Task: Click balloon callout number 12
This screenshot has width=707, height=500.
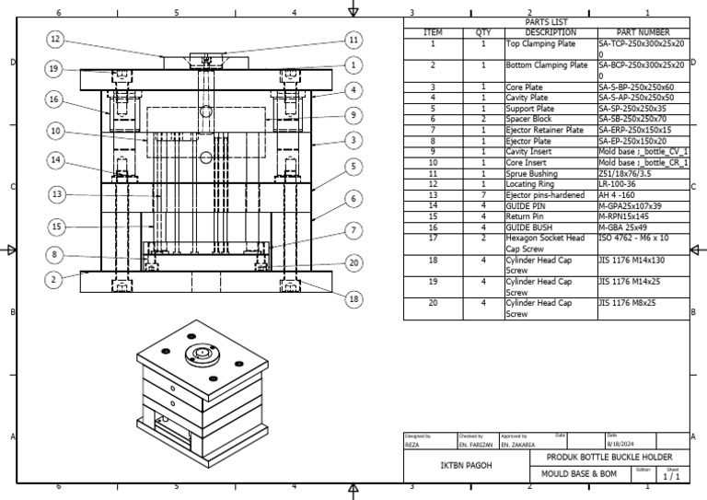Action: [x=55, y=39]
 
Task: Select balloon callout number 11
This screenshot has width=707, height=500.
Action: [x=353, y=40]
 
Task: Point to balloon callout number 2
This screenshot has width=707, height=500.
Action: [x=54, y=279]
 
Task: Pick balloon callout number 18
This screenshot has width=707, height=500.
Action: [x=353, y=298]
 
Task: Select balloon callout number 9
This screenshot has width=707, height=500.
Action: [x=353, y=115]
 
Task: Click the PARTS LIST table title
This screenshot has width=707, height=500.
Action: [x=547, y=22]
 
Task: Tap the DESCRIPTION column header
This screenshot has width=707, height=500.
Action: [x=551, y=32]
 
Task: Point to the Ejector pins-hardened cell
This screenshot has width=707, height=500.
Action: [x=546, y=194]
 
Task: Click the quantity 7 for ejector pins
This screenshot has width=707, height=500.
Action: [x=483, y=194]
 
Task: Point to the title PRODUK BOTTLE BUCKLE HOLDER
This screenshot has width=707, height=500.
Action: [x=609, y=457]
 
